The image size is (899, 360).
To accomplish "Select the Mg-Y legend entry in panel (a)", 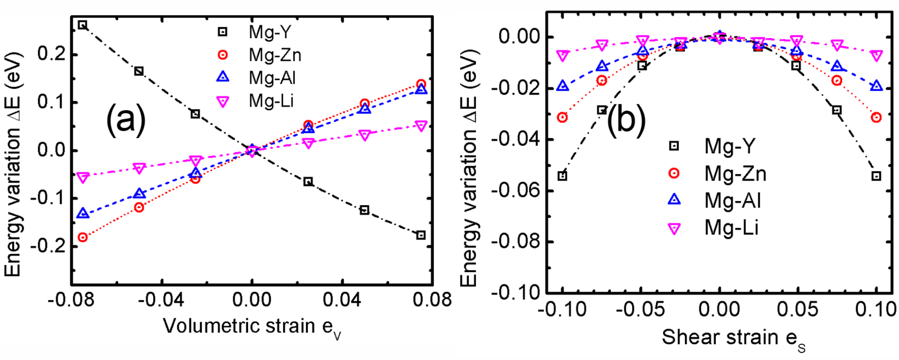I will [270, 32].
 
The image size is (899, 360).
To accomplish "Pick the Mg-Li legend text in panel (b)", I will [731, 227].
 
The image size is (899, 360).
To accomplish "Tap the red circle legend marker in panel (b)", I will [674, 173].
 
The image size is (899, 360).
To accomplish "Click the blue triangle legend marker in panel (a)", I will [223, 77].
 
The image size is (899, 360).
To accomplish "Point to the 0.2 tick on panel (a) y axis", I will [51, 54].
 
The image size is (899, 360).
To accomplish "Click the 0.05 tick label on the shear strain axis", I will [797, 309].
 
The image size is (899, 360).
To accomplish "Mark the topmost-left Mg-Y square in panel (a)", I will [82, 25].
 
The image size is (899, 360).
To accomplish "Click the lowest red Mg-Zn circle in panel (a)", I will [82, 237].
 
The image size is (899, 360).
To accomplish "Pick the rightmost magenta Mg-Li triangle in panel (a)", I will [421, 126].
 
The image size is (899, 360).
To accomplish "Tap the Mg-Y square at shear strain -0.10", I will [562, 176].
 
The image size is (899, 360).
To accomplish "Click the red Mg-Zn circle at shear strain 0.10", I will [876, 117].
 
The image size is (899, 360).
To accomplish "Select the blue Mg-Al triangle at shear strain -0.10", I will [562, 86].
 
